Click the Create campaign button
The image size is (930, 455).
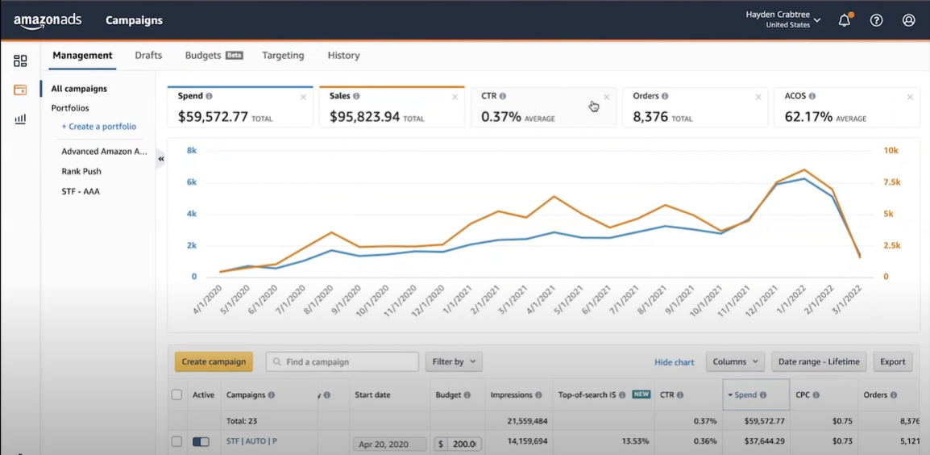click(x=214, y=361)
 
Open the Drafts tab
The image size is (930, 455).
click(x=148, y=55)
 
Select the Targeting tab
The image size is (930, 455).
click(x=283, y=55)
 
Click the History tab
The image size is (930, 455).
click(x=343, y=55)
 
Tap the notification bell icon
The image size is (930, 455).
click(x=844, y=20)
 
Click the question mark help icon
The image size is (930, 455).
click(x=876, y=20)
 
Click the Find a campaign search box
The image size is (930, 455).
click(x=343, y=361)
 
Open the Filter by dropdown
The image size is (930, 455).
click(x=454, y=361)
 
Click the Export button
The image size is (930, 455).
click(x=893, y=361)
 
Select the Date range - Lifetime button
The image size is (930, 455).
click(x=819, y=361)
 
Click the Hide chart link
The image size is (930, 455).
click(x=675, y=362)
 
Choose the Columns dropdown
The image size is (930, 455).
click(x=735, y=361)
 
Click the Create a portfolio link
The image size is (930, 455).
click(x=99, y=127)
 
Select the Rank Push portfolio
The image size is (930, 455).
click(x=81, y=172)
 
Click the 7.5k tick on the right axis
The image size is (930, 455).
click(x=892, y=182)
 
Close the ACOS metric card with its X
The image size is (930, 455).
click(x=910, y=97)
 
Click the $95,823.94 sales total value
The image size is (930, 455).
click(x=365, y=117)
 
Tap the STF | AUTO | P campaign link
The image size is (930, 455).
click(x=252, y=441)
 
